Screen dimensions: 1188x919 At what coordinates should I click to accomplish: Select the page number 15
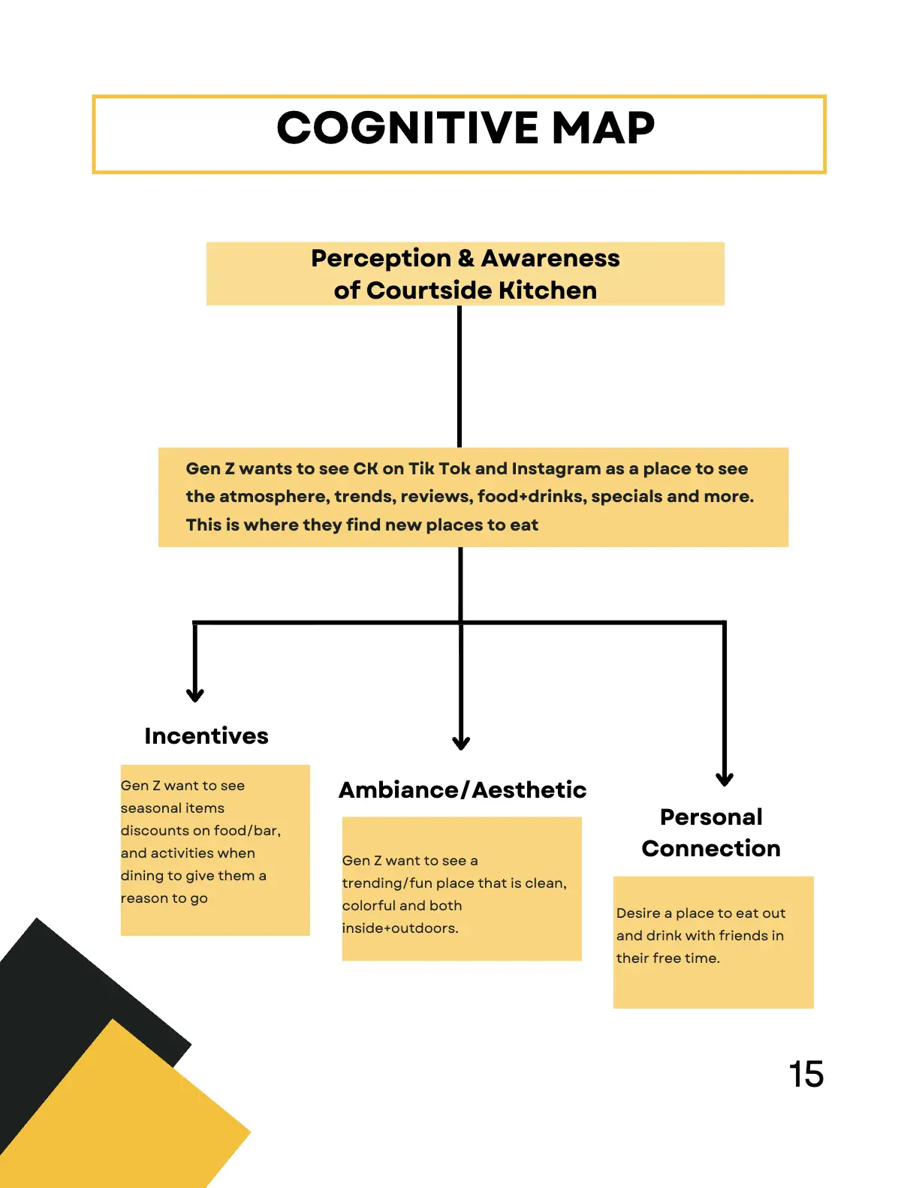tap(806, 1074)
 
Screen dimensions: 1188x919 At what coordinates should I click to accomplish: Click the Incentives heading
tap(206, 736)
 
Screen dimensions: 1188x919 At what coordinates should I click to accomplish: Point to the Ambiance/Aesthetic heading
tap(463, 790)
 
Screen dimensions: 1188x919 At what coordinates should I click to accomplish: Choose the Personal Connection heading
tap(711, 832)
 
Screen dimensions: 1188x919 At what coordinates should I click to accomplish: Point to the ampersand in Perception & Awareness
tap(466, 258)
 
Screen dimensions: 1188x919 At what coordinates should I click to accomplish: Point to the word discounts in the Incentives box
tap(155, 831)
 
